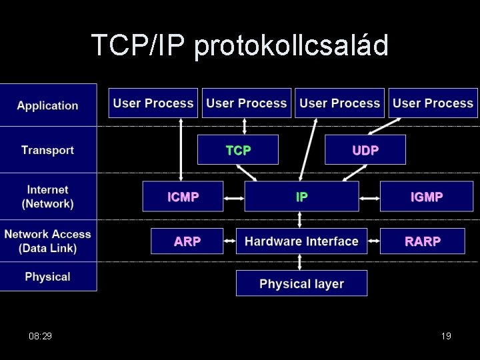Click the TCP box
[238, 150]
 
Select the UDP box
[365, 150]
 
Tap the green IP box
[301, 197]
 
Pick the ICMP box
[183, 197]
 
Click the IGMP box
[427, 197]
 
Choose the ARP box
[187, 241]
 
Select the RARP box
[422, 241]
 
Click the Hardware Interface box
[301, 241]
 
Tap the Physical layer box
[301, 284]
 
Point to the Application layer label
[47, 105]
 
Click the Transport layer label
[47, 150]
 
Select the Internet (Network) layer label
[47, 197]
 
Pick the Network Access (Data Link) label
[47, 241]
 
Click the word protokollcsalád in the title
[291, 46]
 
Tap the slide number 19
[446, 336]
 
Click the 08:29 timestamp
[41, 336]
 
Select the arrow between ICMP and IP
[233, 198]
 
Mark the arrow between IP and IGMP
[369, 198]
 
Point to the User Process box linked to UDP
[433, 103]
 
